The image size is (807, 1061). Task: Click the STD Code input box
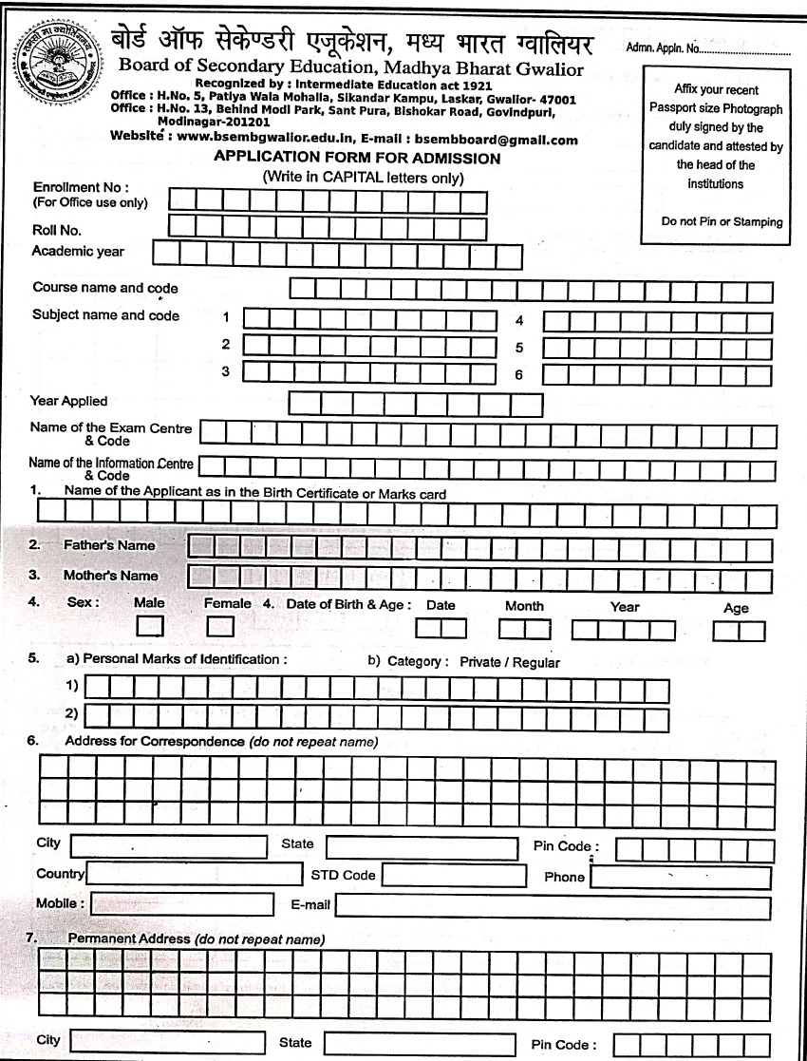tap(454, 876)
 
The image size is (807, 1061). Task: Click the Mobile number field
tap(181, 904)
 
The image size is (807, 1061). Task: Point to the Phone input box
tap(681, 877)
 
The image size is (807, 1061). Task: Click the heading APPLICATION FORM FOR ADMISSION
tap(357, 159)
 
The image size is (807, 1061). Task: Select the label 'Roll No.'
tap(57, 229)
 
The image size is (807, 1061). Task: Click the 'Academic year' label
tap(78, 252)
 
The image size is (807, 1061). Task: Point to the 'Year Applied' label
tap(69, 401)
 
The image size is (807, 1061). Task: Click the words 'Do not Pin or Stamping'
tap(722, 222)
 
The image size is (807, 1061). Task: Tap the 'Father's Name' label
tap(109, 546)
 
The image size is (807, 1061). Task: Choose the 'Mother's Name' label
tap(111, 576)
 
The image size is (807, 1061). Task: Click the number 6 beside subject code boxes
tap(518, 374)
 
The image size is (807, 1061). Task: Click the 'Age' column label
tap(736, 608)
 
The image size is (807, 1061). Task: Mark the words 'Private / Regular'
tap(509, 662)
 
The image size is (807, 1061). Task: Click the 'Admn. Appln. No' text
tap(664, 49)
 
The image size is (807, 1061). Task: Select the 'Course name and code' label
tap(105, 288)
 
